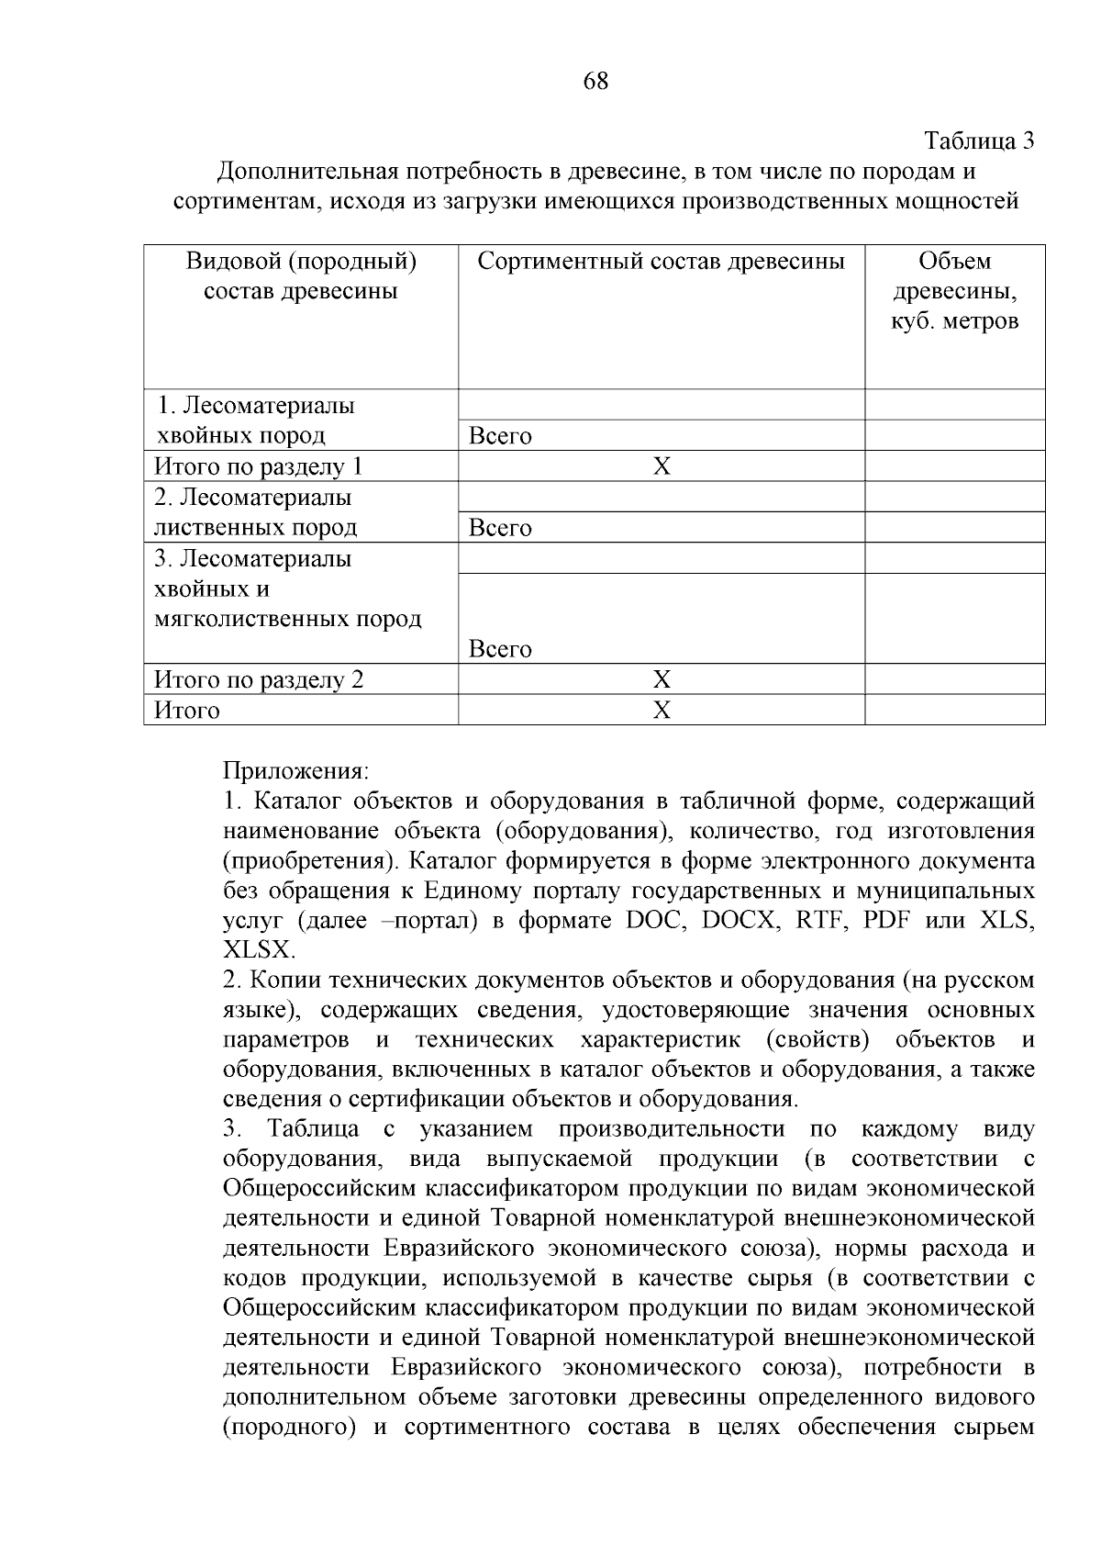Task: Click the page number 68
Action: coord(595,82)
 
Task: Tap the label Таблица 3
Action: coord(979,141)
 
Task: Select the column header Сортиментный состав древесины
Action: coord(661,262)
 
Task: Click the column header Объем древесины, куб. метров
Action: coord(954,291)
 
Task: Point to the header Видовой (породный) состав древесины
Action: coord(301,276)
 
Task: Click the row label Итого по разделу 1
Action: coord(259,466)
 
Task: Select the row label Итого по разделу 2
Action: coord(259,679)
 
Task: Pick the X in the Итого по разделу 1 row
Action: coord(662,466)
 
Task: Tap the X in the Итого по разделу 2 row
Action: coord(662,679)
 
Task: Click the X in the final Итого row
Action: coord(662,710)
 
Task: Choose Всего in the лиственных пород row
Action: coord(500,528)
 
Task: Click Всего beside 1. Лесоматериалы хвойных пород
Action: coord(500,436)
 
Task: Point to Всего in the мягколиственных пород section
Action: coord(500,649)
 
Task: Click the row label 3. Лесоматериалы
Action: coord(252,558)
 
